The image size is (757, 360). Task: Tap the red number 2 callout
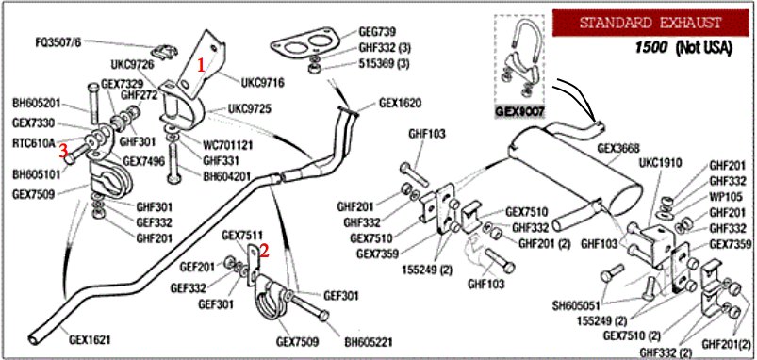[264, 249]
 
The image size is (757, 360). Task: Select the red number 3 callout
[64, 151]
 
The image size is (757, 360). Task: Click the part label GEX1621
[90, 339]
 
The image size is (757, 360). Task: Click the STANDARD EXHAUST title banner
[650, 23]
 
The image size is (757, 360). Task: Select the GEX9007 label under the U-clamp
[519, 112]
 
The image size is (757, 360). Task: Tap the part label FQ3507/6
[58, 41]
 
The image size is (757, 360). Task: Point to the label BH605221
[368, 342]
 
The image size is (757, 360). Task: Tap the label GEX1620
[400, 103]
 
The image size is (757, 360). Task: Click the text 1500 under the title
[651, 47]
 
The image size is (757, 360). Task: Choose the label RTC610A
[33, 143]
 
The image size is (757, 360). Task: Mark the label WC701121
[228, 145]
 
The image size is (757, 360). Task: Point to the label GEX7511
[242, 235]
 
